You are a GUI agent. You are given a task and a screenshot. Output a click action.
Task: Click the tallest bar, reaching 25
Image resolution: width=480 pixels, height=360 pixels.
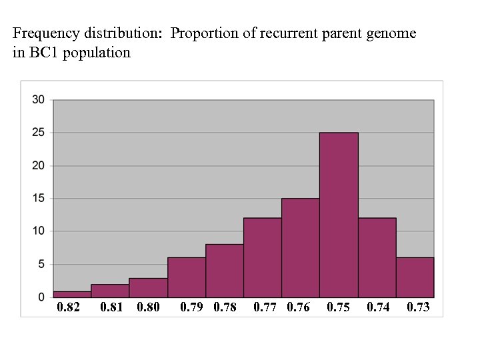[x=339, y=215]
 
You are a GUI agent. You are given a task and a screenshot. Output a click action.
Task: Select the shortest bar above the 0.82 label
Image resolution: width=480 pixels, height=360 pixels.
[x=72, y=294]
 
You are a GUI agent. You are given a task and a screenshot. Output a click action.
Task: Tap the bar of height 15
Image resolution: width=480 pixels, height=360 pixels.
[x=301, y=247]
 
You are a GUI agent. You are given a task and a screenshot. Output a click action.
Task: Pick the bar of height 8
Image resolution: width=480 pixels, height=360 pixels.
[x=225, y=271]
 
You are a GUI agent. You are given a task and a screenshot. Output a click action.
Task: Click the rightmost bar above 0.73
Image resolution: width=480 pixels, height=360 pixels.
[x=415, y=277]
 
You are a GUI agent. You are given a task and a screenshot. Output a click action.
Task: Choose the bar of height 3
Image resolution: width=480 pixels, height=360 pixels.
[x=148, y=287]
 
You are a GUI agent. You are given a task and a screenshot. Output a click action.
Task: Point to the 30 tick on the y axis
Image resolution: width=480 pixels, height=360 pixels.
[x=39, y=100]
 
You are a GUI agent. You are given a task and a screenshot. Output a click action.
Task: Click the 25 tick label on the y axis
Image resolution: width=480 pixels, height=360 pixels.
[x=39, y=133]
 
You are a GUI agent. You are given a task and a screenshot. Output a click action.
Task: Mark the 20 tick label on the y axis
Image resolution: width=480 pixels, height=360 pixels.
[x=39, y=165]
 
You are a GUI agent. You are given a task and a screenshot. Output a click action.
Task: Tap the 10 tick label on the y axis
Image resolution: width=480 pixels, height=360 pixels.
[x=39, y=231]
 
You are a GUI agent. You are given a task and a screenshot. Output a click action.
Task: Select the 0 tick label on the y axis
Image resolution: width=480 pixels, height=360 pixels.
[x=41, y=297]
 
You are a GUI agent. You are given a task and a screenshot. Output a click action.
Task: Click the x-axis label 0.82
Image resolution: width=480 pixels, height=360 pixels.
[x=68, y=307]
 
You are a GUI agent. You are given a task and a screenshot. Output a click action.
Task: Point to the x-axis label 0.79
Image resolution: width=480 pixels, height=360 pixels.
[x=192, y=307]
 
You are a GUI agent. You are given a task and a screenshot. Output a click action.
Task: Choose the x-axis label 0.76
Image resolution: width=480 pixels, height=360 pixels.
[x=298, y=307]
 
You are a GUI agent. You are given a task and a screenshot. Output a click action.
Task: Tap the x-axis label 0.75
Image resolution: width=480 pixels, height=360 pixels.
[x=338, y=307]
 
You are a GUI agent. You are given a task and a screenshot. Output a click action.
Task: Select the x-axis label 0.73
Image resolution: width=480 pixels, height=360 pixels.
[x=418, y=307]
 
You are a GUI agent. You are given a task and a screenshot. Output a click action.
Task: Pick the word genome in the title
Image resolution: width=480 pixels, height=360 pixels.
[x=393, y=33]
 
